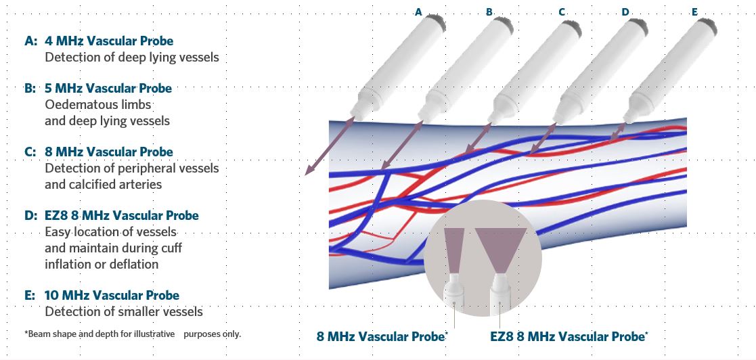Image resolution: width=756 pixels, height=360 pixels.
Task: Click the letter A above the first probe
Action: coord(418,12)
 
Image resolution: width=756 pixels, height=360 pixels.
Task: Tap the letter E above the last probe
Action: coord(695,12)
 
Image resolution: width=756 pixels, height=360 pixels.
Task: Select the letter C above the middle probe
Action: coord(562,12)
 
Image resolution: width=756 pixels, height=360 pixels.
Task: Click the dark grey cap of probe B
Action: coord(505,24)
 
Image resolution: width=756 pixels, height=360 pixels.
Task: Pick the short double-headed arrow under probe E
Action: coord(618,132)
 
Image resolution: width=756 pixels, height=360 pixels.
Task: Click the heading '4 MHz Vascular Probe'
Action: coord(109,41)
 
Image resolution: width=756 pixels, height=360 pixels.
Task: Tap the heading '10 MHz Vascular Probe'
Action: coord(112,295)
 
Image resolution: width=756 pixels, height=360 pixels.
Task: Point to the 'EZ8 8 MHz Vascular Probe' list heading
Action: coord(122,215)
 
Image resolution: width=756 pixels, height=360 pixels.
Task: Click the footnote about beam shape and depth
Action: coord(132,334)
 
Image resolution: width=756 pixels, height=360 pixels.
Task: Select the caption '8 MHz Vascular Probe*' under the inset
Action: coord(382,336)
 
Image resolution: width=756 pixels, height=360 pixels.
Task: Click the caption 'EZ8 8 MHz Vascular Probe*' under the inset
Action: coord(569,336)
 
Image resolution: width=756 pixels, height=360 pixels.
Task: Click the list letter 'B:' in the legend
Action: coord(30,89)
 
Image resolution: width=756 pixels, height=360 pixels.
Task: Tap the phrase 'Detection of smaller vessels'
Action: coord(124,312)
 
